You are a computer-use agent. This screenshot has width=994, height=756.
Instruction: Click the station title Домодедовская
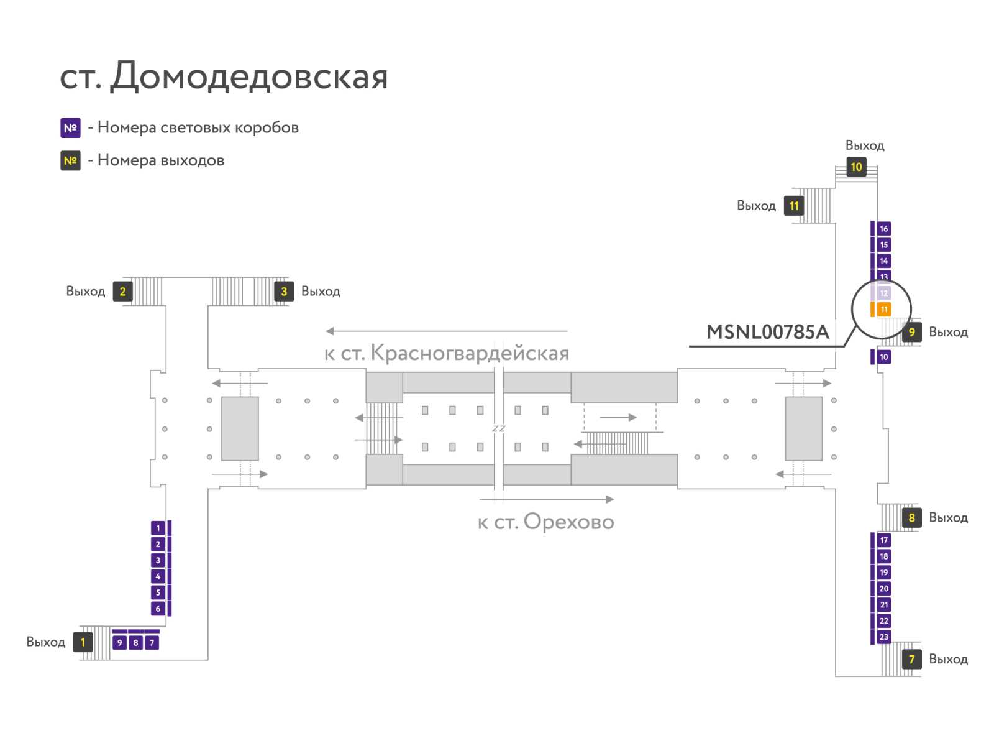click(x=249, y=76)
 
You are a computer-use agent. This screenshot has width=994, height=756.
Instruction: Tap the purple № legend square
click(x=70, y=127)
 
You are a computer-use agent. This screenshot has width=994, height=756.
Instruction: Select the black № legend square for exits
click(x=70, y=160)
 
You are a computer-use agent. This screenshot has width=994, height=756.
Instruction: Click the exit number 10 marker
click(x=856, y=167)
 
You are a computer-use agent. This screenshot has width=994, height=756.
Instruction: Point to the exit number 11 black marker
click(x=794, y=206)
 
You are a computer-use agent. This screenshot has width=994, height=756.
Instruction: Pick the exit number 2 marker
click(x=123, y=291)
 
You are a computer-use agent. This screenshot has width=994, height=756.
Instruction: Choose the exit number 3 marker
click(x=284, y=291)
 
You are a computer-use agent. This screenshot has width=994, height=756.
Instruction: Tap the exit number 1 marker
click(x=83, y=642)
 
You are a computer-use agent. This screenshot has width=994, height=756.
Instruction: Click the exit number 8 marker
click(x=911, y=517)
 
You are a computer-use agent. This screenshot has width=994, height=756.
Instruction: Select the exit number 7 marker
click(x=911, y=659)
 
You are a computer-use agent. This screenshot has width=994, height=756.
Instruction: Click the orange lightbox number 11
click(x=883, y=310)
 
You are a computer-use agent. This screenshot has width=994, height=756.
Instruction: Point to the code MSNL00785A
click(x=768, y=332)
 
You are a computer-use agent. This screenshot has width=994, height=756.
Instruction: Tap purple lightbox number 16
click(x=883, y=229)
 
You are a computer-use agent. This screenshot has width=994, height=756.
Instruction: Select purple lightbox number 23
click(x=883, y=637)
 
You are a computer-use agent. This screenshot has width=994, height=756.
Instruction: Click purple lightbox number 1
click(x=158, y=528)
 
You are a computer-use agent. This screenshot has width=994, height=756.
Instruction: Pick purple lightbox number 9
click(x=119, y=642)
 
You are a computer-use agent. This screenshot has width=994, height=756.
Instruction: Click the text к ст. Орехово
click(x=545, y=522)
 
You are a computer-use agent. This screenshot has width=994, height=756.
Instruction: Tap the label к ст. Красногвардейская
click(x=447, y=353)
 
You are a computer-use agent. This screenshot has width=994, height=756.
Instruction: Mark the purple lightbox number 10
click(x=883, y=357)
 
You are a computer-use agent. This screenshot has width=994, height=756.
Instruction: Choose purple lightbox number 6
click(x=158, y=608)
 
